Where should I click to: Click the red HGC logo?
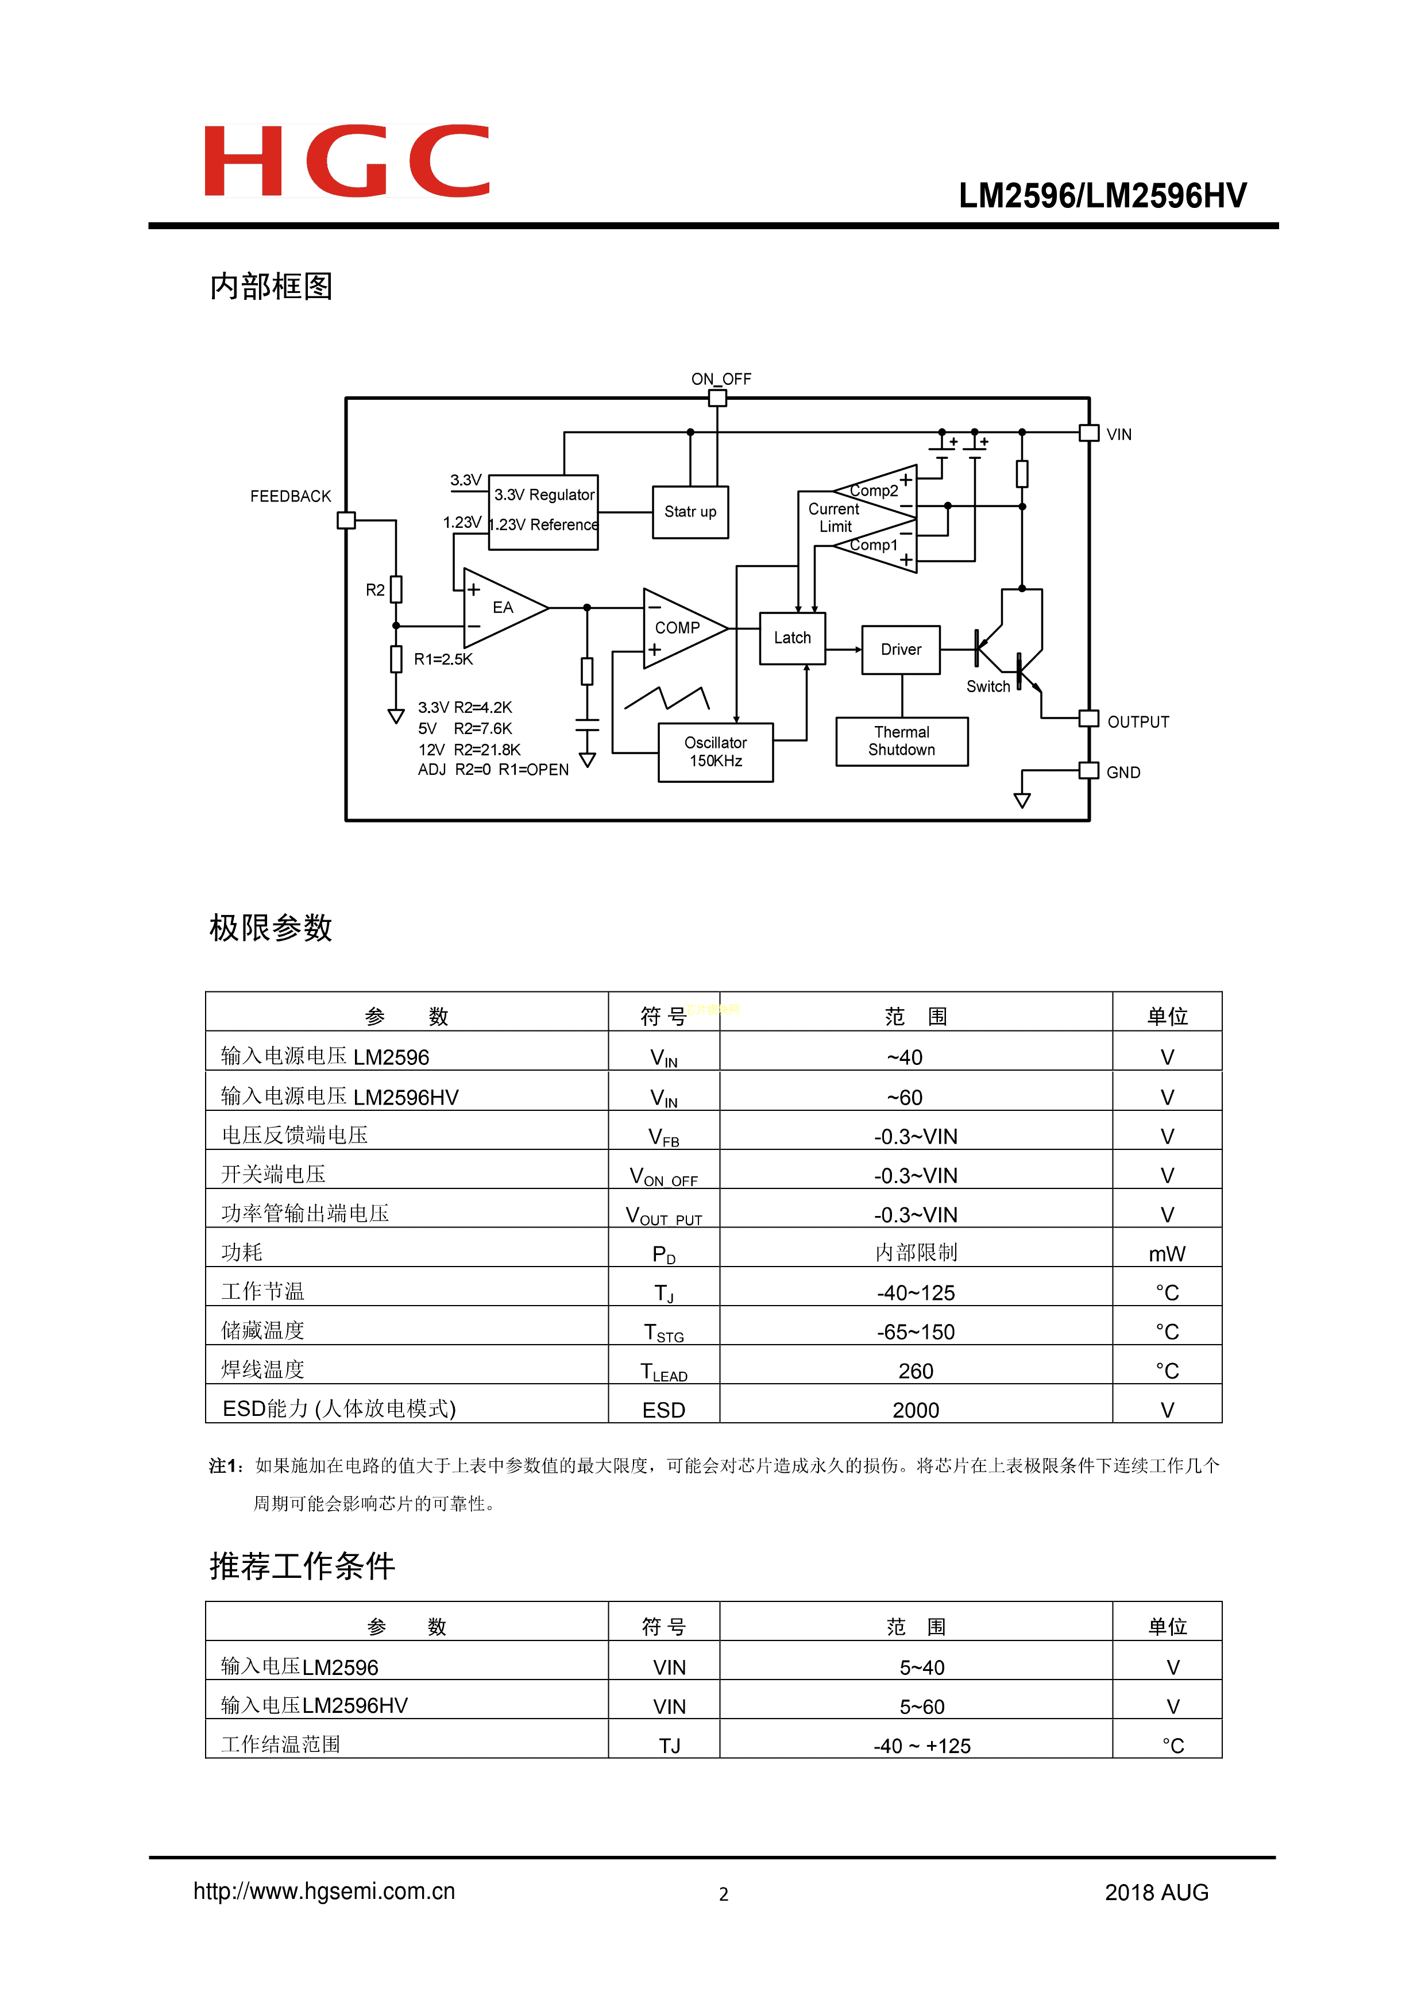pos(346,161)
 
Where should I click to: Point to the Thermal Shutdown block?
pos(901,742)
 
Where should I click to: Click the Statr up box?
pos(690,512)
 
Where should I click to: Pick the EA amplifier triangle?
pos(500,607)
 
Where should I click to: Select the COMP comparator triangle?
pos(680,628)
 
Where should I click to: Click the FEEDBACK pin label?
pos(291,497)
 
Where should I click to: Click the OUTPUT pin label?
pos(1138,722)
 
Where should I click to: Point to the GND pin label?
pos(1123,773)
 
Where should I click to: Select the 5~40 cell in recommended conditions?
pos(921,1667)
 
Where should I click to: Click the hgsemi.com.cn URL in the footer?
pos(324,1892)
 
